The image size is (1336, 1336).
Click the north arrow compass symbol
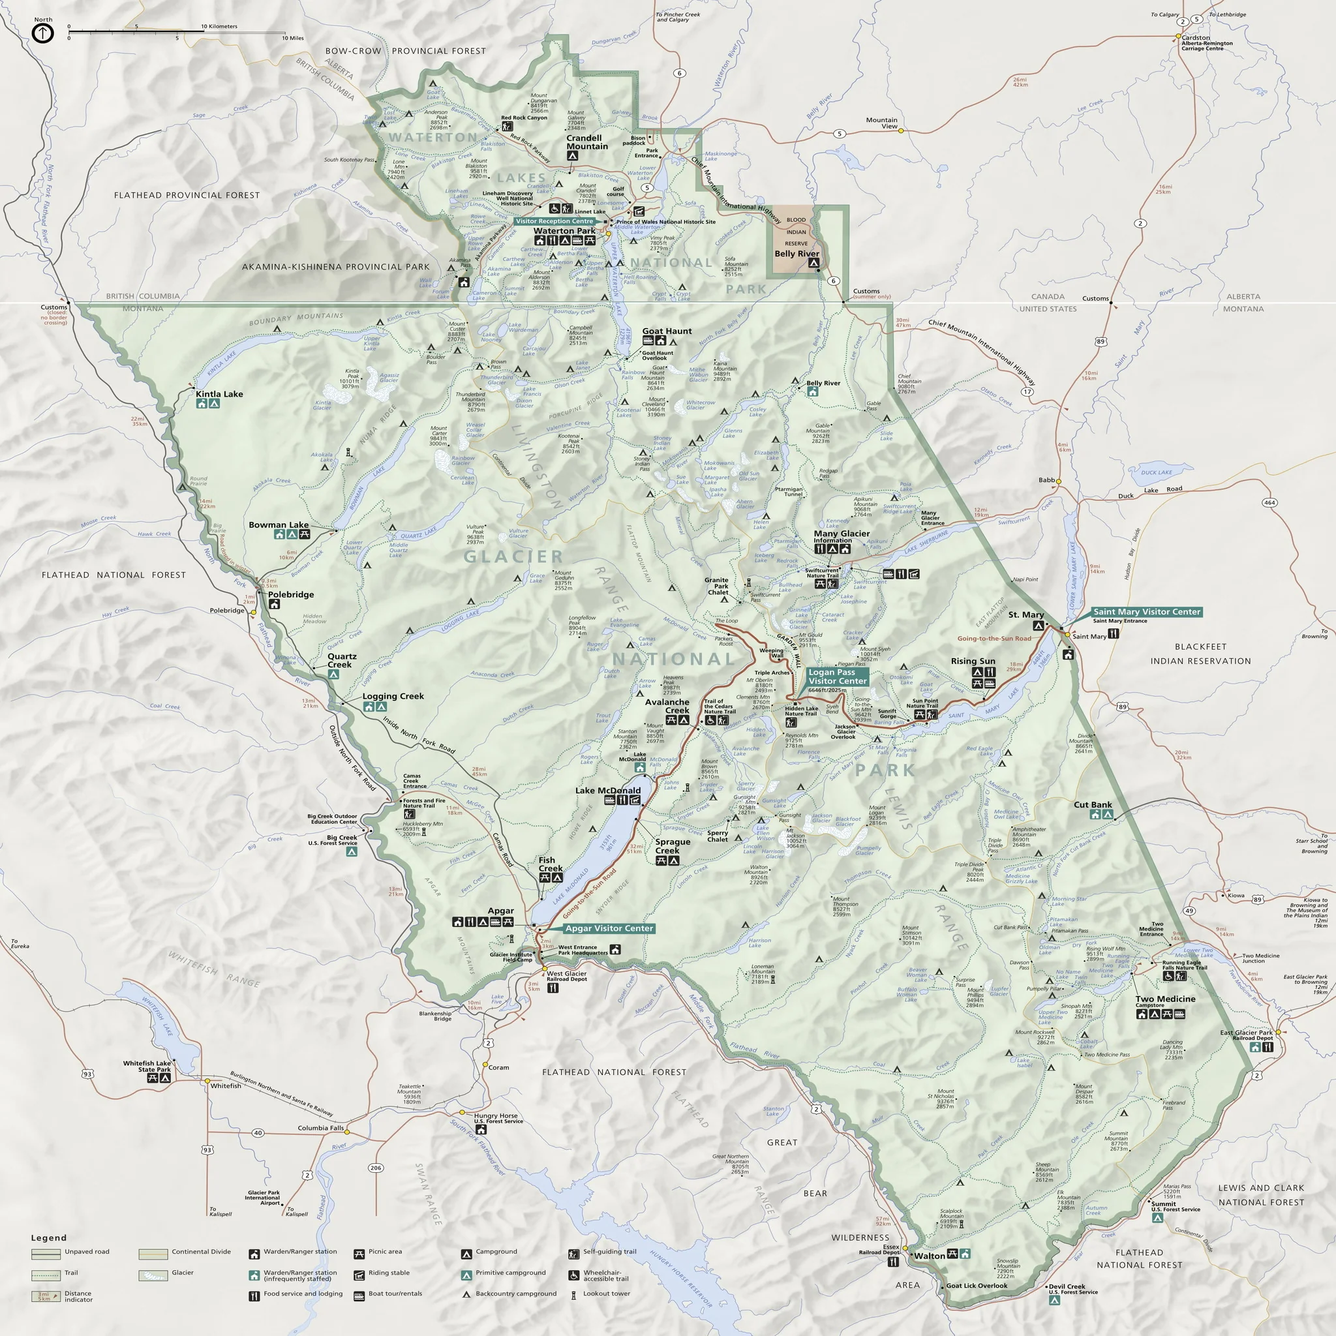click(43, 33)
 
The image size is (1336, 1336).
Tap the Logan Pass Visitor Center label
click(837, 676)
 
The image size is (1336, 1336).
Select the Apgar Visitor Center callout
click(609, 928)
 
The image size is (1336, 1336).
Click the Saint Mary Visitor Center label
click(1147, 611)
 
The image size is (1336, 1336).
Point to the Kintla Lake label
click(219, 394)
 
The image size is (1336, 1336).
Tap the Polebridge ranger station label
click(290, 595)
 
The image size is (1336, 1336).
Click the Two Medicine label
click(1165, 999)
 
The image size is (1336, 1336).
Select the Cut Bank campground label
click(1093, 804)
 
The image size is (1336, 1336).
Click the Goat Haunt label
click(667, 331)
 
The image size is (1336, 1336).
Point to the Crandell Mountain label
click(587, 142)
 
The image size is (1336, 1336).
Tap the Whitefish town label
click(226, 1085)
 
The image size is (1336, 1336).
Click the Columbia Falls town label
click(321, 1128)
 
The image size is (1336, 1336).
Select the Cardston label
click(1196, 38)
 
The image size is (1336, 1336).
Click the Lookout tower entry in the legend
click(606, 1293)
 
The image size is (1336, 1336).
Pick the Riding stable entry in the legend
click(389, 1272)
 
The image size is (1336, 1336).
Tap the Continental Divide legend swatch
click(153, 1252)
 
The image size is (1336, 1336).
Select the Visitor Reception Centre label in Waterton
click(554, 221)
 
